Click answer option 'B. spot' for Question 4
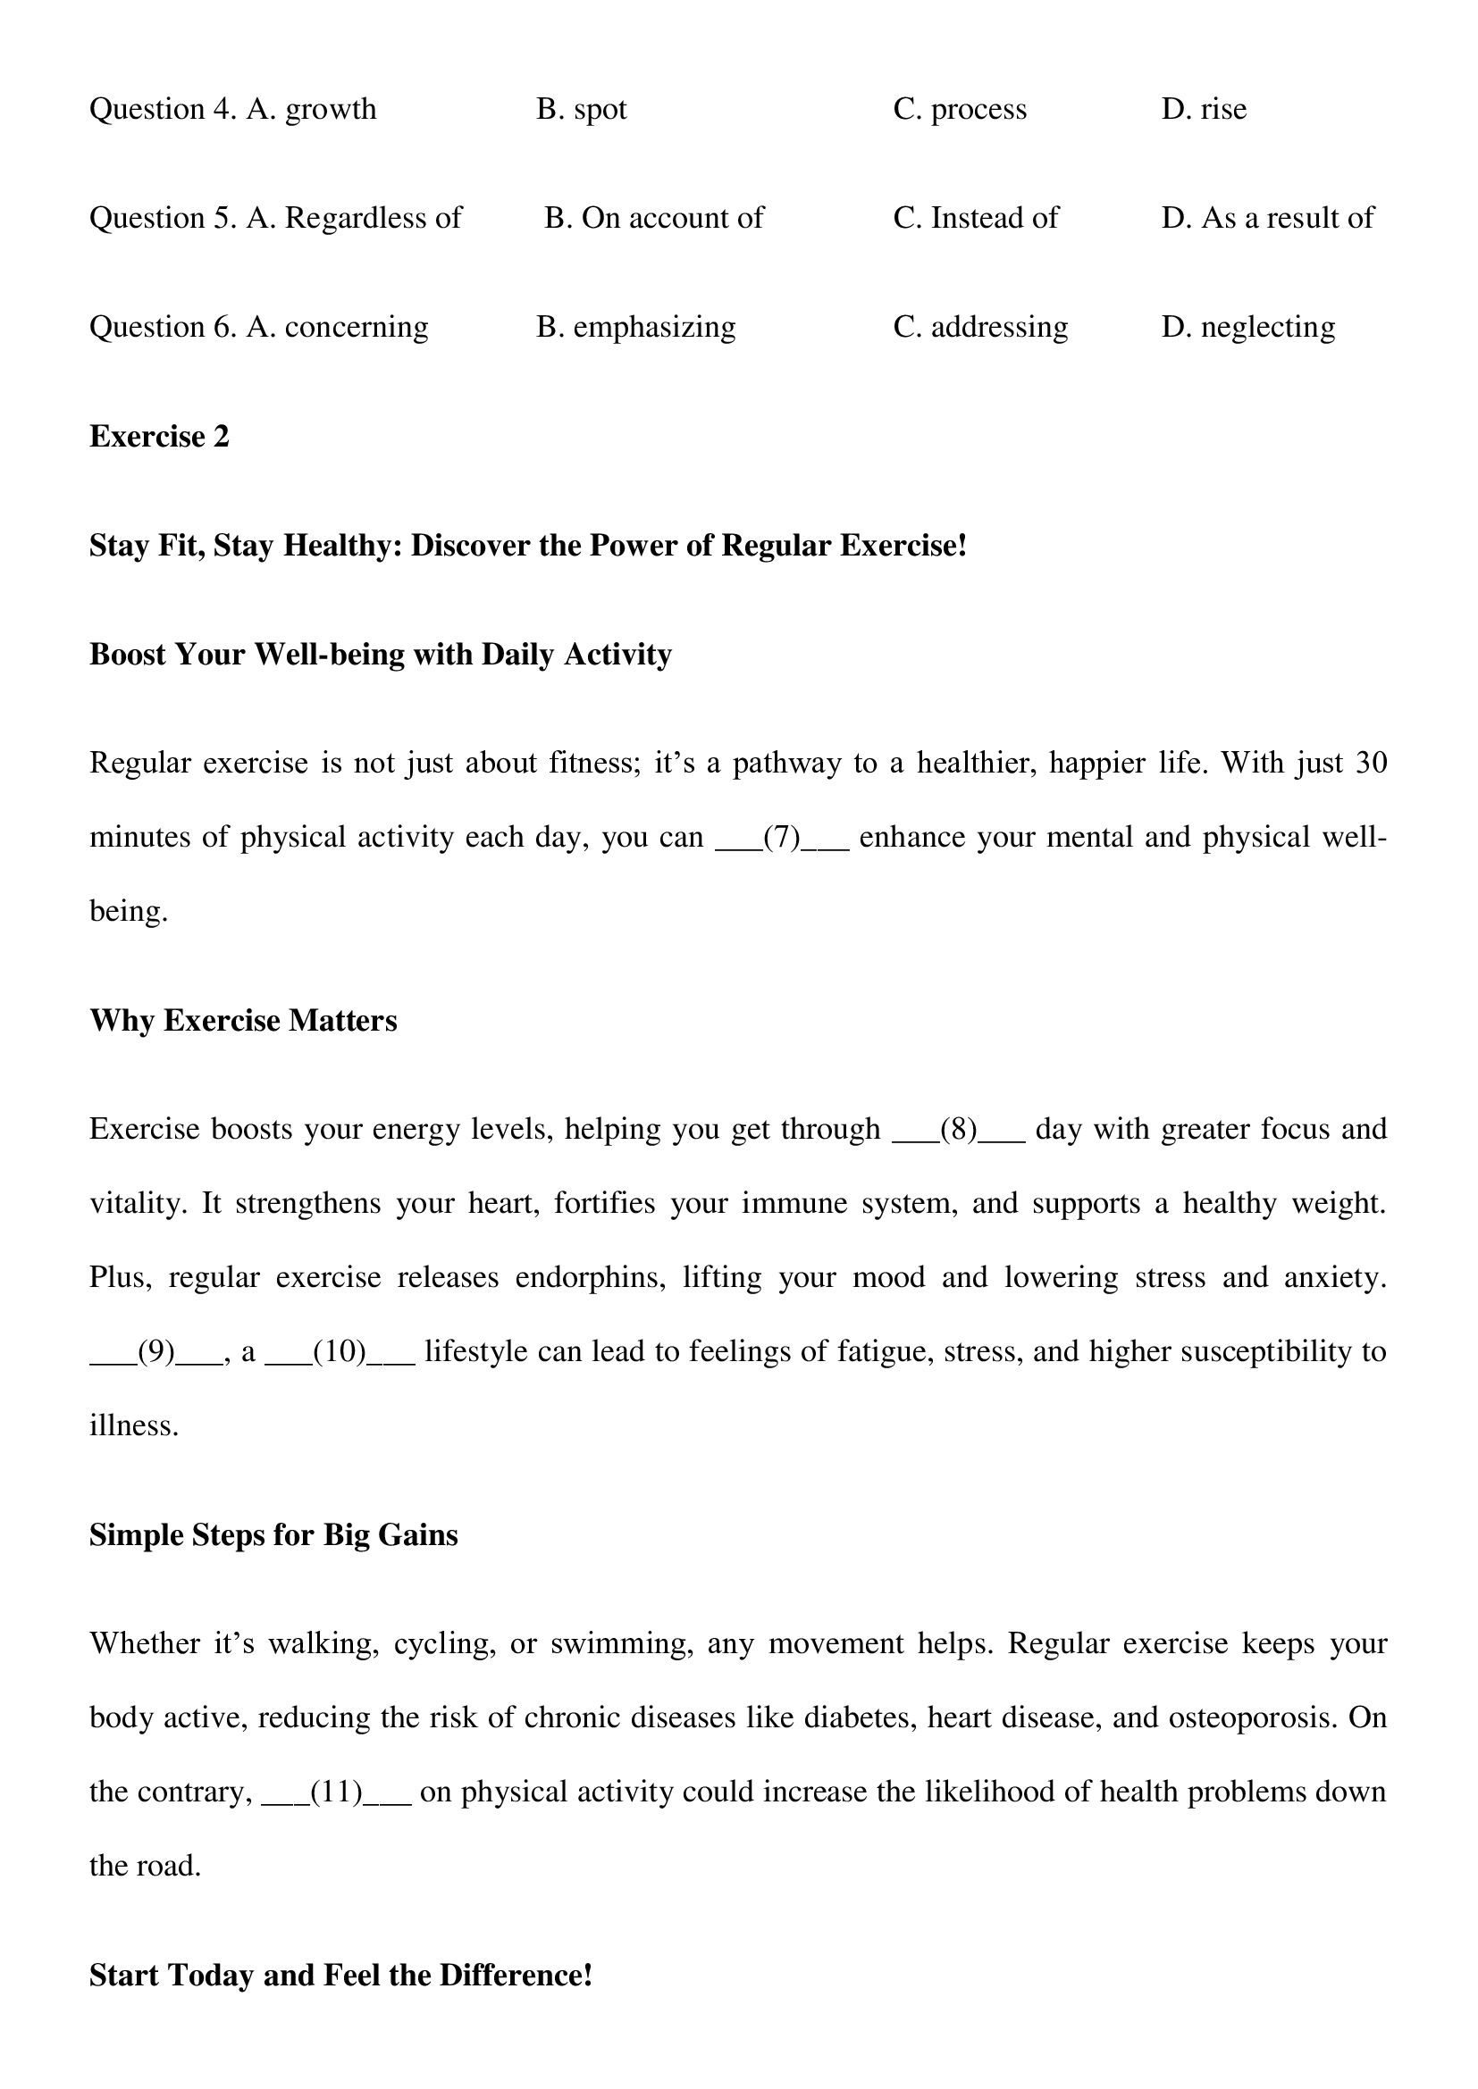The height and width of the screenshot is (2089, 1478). (582, 109)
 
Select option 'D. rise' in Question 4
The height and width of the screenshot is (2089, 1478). (1203, 109)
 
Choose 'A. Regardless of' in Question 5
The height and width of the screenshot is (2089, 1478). (354, 218)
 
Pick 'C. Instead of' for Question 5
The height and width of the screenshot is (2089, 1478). (976, 218)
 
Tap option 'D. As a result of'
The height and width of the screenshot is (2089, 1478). (1267, 218)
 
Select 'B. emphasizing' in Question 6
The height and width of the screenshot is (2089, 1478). (635, 328)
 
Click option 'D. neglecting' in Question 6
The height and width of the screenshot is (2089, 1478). (1247, 328)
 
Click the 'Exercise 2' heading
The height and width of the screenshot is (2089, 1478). (159, 437)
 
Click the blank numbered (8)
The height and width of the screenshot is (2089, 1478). (958, 1130)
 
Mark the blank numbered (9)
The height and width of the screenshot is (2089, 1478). (155, 1352)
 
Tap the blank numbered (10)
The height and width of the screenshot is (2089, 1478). (340, 1352)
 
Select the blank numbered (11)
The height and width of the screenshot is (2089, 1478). (337, 1792)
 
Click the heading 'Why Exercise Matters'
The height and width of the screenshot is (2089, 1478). (243, 1021)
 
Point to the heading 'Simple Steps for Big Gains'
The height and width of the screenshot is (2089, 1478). (273, 1536)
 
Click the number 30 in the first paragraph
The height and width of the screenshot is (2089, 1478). (1371, 763)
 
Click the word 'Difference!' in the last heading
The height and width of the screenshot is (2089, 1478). (516, 1976)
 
